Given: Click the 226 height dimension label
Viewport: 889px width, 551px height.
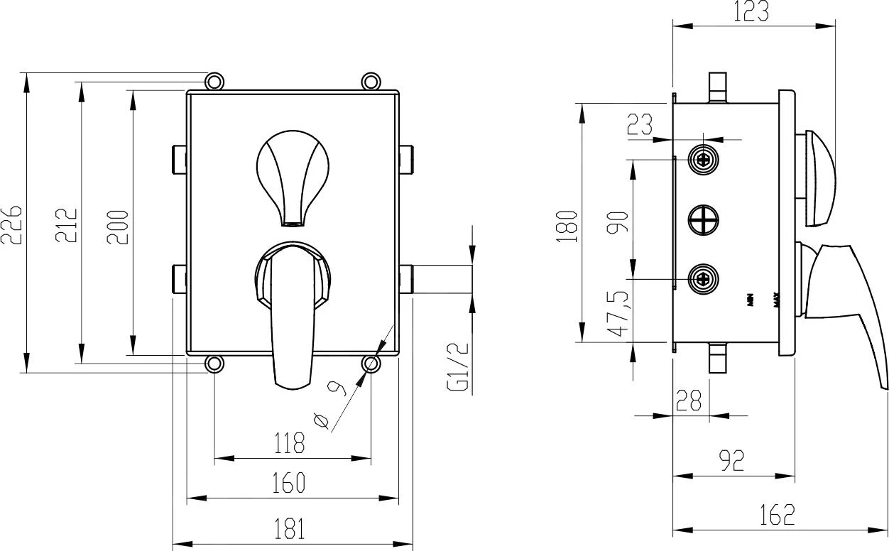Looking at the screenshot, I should pyautogui.click(x=12, y=224).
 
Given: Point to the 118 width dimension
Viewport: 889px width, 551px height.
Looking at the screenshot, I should pyautogui.click(x=290, y=444).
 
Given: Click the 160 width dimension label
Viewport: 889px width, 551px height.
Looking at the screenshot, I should pyautogui.click(x=290, y=483).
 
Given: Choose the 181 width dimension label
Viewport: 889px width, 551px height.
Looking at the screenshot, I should pyautogui.click(x=290, y=528).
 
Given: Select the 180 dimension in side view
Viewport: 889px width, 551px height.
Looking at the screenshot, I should pyautogui.click(x=567, y=226).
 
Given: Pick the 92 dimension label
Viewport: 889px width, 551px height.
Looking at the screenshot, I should pyautogui.click(x=731, y=461).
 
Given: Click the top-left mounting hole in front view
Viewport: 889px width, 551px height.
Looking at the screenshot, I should pyautogui.click(x=214, y=81).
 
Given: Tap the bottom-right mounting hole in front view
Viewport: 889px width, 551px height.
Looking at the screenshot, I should pyautogui.click(x=370, y=364).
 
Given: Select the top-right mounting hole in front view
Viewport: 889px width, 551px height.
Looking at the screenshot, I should pyautogui.click(x=370, y=81).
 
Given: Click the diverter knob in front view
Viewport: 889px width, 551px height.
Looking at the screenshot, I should pyautogui.click(x=292, y=178).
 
